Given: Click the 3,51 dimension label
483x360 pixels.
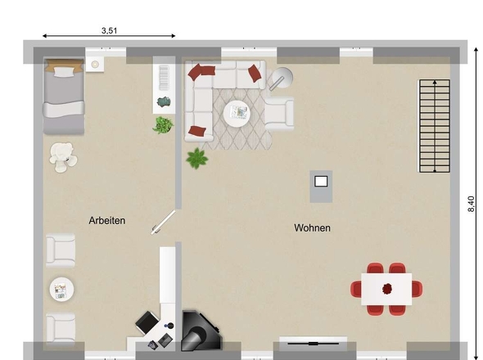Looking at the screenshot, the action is click(110, 30).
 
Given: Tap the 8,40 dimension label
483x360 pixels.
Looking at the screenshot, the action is click(471, 204).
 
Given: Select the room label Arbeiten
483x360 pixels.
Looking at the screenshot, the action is click(107, 220).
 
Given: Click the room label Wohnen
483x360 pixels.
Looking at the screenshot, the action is click(312, 228).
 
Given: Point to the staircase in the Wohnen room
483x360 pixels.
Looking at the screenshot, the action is click(434, 126).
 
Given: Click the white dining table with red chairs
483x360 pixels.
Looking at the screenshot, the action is click(386, 289).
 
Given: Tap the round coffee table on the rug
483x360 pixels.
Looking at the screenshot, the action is click(237, 114).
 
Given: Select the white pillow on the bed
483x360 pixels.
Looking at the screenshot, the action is click(65, 72).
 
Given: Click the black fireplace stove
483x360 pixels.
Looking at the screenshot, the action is click(201, 331).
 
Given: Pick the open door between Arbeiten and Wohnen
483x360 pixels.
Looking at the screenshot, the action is click(163, 222).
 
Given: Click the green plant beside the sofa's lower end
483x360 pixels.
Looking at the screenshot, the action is click(196, 158).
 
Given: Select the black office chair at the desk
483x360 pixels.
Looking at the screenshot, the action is click(147, 322).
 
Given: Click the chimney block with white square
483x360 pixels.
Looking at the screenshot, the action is click(321, 187).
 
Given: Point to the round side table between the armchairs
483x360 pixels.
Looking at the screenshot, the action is click(61, 289).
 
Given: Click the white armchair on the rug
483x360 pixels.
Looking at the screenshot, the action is click(279, 114).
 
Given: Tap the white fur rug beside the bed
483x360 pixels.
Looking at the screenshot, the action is click(63, 157).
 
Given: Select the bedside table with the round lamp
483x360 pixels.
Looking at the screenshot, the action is click(95, 64).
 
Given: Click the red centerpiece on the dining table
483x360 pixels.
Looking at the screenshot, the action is click(387, 289).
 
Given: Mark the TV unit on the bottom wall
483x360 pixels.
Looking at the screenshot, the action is click(313, 344).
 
